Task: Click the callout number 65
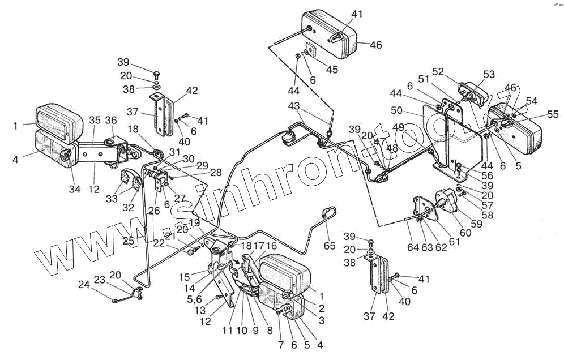pos(330,246)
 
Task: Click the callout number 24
pos(84,285)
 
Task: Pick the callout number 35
pos(95,120)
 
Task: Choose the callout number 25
pos(128,241)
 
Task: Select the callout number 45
pos(332,69)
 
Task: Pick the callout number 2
pos(322,308)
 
